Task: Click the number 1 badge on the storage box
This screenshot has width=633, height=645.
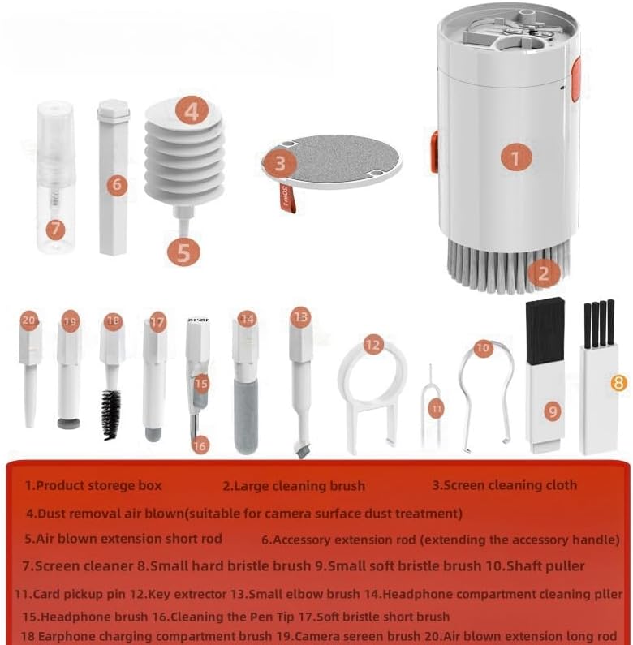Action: [x=515, y=157]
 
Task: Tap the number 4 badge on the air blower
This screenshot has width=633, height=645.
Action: [x=192, y=110]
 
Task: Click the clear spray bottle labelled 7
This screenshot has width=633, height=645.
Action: [x=54, y=178]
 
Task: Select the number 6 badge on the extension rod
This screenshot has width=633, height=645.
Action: [x=118, y=184]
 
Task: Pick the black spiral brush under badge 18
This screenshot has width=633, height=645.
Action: [x=111, y=415]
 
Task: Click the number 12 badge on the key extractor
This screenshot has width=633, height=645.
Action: [x=372, y=344]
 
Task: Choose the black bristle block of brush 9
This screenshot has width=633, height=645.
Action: [x=545, y=331]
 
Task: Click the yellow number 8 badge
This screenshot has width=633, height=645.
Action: [x=619, y=384]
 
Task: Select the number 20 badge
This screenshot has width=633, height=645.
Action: [x=29, y=320]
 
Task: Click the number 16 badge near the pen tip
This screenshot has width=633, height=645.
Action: [x=200, y=445]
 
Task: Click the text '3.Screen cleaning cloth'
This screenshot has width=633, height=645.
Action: [x=504, y=485]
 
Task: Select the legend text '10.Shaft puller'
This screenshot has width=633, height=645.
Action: [x=535, y=566]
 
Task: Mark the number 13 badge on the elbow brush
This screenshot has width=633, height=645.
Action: [x=301, y=316]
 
